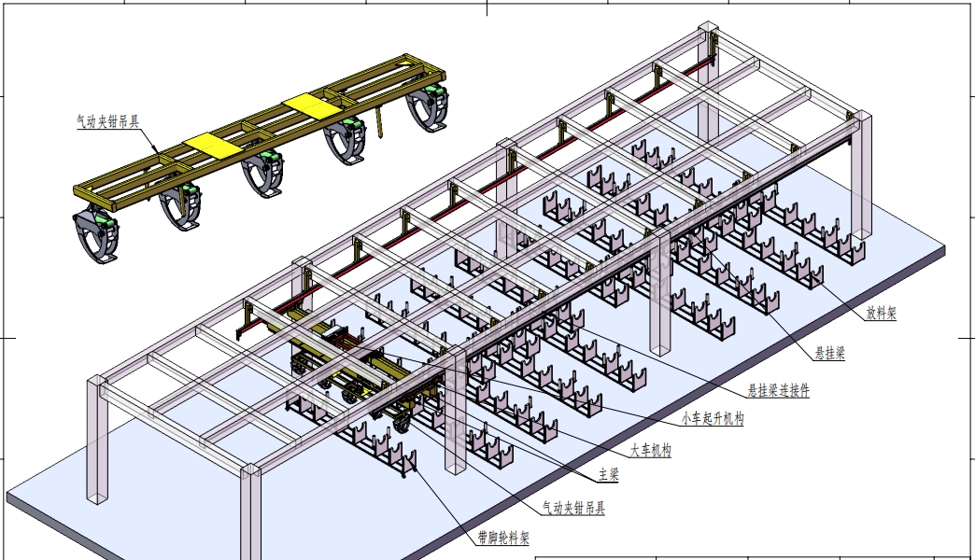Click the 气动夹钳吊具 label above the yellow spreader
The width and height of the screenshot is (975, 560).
coord(107,122)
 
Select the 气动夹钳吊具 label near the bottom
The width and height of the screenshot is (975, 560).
coord(573,509)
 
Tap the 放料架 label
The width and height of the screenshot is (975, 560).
coord(881,313)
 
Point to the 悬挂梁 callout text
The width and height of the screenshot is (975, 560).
coord(829,353)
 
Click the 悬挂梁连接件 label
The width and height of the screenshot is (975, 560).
coord(779,390)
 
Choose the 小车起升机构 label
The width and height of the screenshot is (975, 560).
coord(713,418)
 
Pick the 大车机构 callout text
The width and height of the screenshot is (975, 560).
coord(650,450)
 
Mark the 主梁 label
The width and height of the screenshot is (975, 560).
coord(609,475)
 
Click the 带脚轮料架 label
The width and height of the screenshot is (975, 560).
coord(503,538)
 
